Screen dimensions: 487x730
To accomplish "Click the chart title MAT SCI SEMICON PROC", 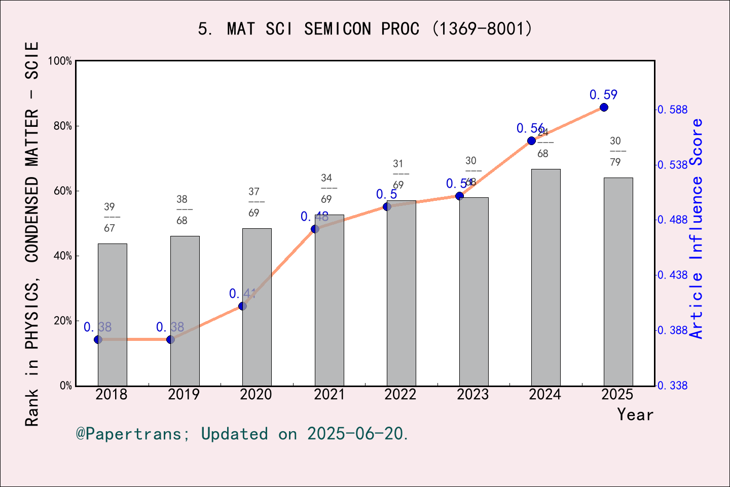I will (x=365, y=29).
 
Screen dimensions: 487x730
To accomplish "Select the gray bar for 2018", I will (x=112, y=315).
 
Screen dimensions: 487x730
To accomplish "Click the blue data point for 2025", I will (x=604, y=108).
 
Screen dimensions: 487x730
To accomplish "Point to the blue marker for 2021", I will (x=315, y=229).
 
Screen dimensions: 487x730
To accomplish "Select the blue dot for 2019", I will (x=170, y=339).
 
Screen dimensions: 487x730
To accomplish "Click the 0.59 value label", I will (x=603, y=95).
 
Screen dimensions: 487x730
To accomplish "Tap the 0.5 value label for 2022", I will (x=386, y=194).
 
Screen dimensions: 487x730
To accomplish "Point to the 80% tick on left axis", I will (x=63, y=126).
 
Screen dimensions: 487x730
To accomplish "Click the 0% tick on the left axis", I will (x=66, y=386).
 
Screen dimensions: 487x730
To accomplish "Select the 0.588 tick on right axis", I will (x=673, y=110).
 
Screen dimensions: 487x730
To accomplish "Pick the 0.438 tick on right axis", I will (x=673, y=275).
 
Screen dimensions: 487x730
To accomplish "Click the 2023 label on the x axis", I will (x=472, y=395).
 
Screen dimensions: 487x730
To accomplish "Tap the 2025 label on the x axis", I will (x=617, y=395).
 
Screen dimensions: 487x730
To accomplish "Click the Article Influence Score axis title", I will (x=697, y=228).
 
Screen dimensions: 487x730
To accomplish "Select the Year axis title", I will (x=635, y=415).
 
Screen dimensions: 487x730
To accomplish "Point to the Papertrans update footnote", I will (x=242, y=434).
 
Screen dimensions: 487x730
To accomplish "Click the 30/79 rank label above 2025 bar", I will (x=615, y=151).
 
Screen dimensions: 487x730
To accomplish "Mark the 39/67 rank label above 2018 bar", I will (x=109, y=217).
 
